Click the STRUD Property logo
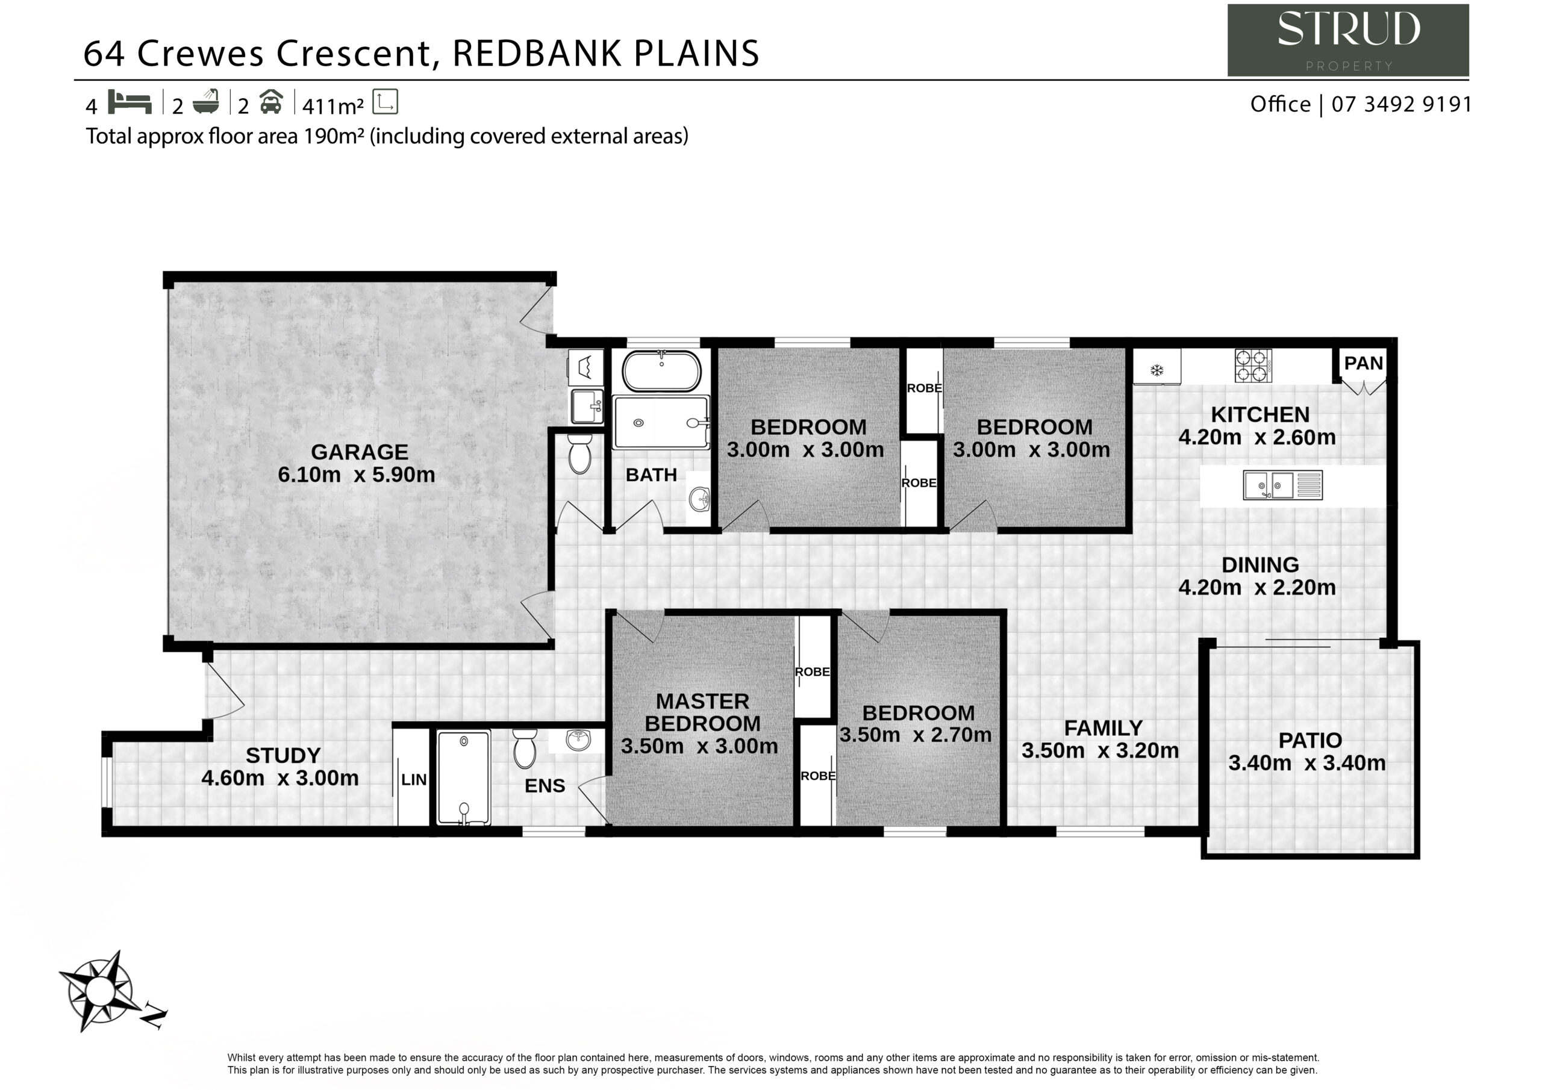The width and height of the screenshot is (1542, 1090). pos(1348,40)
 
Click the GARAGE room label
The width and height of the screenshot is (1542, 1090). pos(360,452)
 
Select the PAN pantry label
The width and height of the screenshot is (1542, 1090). pos(1363,363)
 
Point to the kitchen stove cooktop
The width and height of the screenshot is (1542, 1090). pos(1252,366)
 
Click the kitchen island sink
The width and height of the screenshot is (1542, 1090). pos(1283,485)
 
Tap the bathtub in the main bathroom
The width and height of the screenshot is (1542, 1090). pos(661,371)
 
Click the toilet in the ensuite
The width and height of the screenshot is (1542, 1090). pos(525,749)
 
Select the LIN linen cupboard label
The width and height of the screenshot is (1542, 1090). pos(414,780)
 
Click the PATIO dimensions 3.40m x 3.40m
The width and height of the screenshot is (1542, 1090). pos(1307,763)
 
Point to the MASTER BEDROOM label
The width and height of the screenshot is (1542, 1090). pos(702,712)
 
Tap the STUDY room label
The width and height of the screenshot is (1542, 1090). pos(282,756)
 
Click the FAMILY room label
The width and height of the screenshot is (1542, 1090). pos(1103,728)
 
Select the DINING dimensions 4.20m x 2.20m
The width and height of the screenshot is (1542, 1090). pos(1257,587)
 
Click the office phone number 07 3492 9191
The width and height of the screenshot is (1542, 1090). pos(1402,104)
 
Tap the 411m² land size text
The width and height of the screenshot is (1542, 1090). pos(333,105)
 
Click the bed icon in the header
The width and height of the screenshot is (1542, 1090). pos(130,102)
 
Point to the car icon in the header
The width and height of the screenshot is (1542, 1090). pos(271,102)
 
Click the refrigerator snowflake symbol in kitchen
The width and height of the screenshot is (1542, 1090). pos(1156,369)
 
